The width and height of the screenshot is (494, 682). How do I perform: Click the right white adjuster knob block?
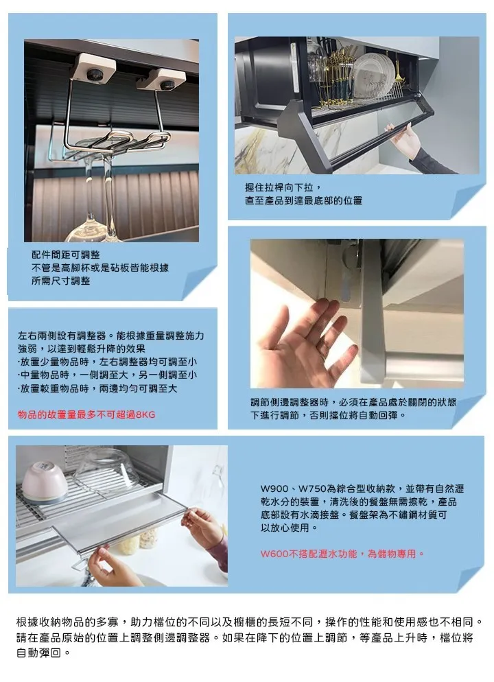(163, 80)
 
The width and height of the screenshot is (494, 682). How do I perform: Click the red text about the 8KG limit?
(86, 414)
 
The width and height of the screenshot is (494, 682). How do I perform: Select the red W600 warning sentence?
(342, 554)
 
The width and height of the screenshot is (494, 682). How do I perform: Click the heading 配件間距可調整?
(66, 255)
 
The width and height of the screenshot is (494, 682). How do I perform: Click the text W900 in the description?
(274, 489)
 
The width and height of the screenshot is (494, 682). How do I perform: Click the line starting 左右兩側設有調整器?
(111, 336)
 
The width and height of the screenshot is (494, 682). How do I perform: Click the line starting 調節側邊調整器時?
(353, 402)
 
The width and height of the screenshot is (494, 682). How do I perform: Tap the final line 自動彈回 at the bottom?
(43, 653)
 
